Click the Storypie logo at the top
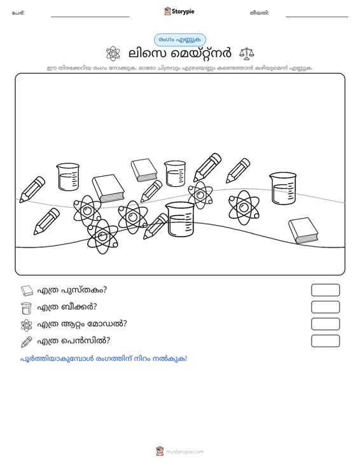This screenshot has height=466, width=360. tap(179, 11)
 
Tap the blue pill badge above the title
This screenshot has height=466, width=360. tap(180, 40)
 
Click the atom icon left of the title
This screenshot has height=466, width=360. tap(113, 53)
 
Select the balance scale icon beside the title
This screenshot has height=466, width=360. tap(247, 53)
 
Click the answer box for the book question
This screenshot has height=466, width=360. tap(325, 290)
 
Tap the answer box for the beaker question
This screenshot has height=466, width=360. tap(325, 307)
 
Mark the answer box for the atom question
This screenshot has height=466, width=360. tap(325, 324)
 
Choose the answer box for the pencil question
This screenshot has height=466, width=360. tap(325, 341)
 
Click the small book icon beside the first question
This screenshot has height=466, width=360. tap(27, 291)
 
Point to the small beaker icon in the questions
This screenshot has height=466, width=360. tap(27, 308)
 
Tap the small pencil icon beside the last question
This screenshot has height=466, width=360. tap(27, 342)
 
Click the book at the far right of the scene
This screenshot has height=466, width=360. tap(303, 231)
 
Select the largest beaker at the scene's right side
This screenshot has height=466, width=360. tap(282, 188)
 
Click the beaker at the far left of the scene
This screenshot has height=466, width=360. tap(68, 177)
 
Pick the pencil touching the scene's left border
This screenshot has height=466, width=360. tap(32, 189)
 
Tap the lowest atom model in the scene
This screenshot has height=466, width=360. tap(102, 236)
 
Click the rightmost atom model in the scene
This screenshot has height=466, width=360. tap(244, 207)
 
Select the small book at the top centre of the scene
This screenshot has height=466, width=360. tap(144, 170)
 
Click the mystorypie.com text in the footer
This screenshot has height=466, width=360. tap(185, 452)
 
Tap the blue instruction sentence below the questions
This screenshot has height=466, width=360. tap(104, 359)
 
